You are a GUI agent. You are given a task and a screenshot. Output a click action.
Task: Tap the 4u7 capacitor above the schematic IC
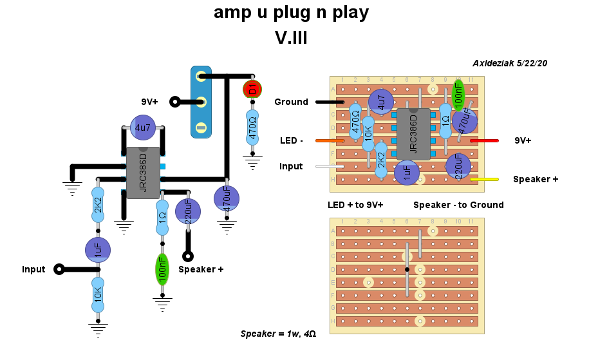pyautogui.click(x=142, y=128)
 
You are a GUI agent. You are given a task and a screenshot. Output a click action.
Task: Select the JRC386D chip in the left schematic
pyautogui.click(x=143, y=173)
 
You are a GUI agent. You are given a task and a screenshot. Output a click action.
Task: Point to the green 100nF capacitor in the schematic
pyautogui.click(x=162, y=271)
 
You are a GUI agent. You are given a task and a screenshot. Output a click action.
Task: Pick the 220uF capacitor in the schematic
pyautogui.click(x=187, y=211)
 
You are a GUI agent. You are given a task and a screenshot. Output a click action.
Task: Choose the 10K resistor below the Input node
pyautogui.click(x=98, y=294)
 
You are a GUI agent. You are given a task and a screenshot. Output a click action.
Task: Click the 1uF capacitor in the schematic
pyautogui.click(x=98, y=250)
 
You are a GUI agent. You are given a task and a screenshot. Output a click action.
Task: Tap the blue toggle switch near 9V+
pyautogui.click(x=201, y=102)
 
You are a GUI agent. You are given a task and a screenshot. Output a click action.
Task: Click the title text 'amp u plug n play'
pyautogui.click(x=291, y=13)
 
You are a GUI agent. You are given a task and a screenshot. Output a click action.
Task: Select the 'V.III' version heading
pyautogui.click(x=291, y=38)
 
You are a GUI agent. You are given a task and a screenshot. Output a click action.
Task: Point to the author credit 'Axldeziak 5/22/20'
pyautogui.click(x=509, y=63)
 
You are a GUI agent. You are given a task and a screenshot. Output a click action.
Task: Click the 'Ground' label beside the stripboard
pyautogui.click(x=291, y=102)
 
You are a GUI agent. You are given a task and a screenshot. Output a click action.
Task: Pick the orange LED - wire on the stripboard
pyautogui.click(x=330, y=140)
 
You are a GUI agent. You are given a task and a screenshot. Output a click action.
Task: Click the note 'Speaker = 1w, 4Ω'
pyautogui.click(x=278, y=334)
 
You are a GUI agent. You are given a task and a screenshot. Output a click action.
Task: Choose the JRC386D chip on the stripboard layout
pyautogui.click(x=413, y=134)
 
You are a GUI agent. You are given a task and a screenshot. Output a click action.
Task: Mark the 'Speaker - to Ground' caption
pyautogui.click(x=458, y=205)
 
